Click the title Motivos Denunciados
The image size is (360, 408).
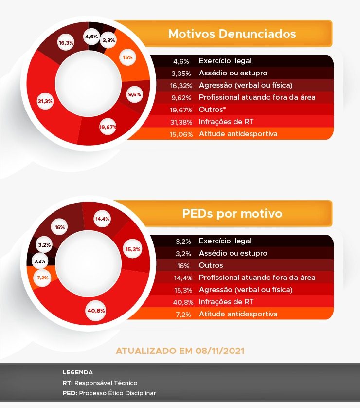[x=232, y=34]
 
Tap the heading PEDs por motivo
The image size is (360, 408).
[x=232, y=214]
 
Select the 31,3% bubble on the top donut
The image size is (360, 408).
[x=45, y=101]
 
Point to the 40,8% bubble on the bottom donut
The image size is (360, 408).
[x=96, y=310]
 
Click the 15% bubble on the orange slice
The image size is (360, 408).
[x=127, y=57]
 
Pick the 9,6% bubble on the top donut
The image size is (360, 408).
[x=134, y=95]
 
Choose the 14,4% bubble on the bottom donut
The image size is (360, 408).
[x=102, y=219]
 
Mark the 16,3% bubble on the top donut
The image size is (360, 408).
[x=66, y=43]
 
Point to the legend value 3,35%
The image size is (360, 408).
[x=183, y=73]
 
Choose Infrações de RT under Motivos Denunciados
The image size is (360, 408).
[x=226, y=122]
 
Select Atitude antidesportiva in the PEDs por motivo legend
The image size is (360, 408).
[x=238, y=314]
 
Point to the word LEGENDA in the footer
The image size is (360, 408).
[x=77, y=372]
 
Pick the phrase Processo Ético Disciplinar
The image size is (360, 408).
[x=117, y=393]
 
